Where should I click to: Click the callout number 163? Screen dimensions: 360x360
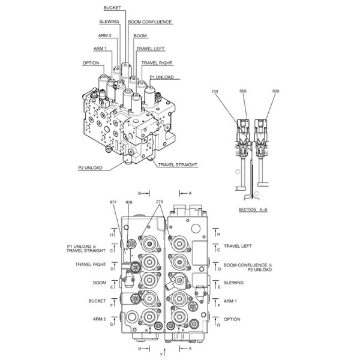point(215,91)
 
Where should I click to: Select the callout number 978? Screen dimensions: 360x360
point(129,202)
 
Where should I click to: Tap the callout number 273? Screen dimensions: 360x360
point(159,202)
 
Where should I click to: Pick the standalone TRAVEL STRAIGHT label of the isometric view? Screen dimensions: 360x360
point(178,164)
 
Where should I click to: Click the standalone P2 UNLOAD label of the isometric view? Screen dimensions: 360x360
point(90,168)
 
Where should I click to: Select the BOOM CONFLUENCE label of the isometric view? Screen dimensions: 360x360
point(149,22)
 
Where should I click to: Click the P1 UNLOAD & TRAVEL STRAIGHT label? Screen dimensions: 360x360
point(86,248)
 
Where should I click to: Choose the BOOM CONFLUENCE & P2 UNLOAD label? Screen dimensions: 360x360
point(247,266)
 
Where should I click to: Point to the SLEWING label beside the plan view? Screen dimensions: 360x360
point(233,283)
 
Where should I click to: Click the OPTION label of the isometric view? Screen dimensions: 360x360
point(91,62)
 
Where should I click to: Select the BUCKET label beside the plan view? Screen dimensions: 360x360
point(96,301)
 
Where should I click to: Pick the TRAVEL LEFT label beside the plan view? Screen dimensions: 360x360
point(238,246)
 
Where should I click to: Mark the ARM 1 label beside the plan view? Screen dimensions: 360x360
point(230,301)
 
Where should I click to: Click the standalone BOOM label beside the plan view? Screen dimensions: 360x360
point(99,283)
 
